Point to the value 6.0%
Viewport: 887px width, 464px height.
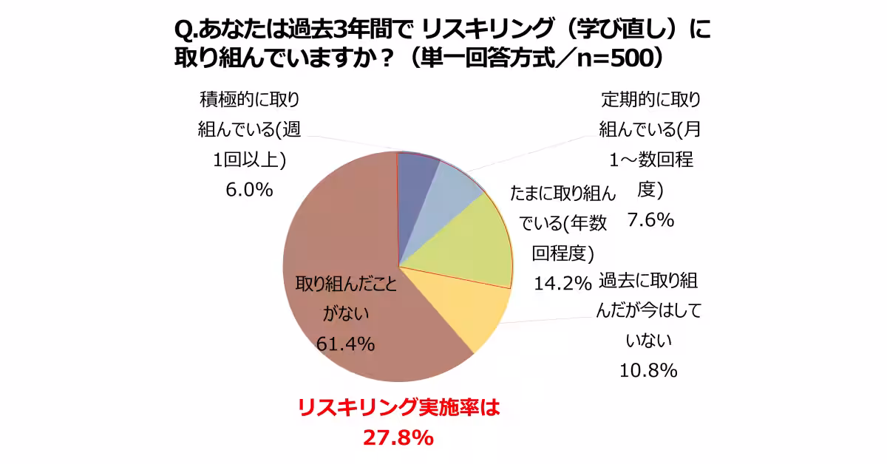click(x=249, y=190)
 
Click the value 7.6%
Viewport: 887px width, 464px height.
click(x=650, y=219)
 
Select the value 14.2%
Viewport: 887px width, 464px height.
click(x=562, y=282)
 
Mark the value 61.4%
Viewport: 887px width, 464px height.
click(x=345, y=344)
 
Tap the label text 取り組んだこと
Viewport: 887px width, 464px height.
click(x=346, y=286)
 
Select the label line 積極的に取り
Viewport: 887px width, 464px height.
click(x=249, y=99)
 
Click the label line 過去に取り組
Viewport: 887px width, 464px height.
click(x=648, y=280)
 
